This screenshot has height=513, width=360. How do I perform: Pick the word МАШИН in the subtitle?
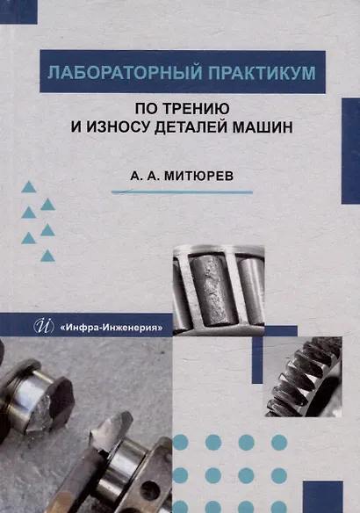pos(263,127)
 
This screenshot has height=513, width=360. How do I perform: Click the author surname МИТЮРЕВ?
pos(198,176)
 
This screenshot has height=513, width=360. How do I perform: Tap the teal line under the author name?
pos(182,192)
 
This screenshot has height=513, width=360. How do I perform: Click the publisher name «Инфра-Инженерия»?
pos(112,327)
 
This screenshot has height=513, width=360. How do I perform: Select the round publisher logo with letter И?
pos(44,326)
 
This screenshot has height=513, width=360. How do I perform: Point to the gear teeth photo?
pos(303,377)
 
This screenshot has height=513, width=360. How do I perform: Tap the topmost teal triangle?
pos(28,187)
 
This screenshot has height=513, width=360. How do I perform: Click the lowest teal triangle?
pos(47,256)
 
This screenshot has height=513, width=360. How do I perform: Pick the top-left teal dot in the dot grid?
pos(180,443)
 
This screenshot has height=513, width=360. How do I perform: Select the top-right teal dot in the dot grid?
pos(279,443)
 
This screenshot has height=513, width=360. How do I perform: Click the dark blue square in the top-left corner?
pos(18,11)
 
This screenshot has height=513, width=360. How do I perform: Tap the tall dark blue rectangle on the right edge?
pos(351,151)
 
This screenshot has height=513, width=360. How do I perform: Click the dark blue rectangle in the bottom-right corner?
pos(323,497)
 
